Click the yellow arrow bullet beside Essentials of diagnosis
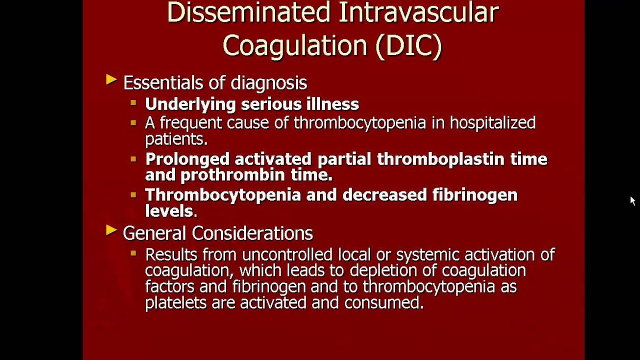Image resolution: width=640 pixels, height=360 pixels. tap(111, 79)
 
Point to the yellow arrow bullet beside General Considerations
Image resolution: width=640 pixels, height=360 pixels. tap(111, 230)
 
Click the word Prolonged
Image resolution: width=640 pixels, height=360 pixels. tap(187, 159)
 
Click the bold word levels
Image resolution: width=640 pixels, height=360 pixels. tap(168, 210)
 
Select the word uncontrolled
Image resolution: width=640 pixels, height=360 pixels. tap(286, 254)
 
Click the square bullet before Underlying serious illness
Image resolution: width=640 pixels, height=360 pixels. tap(133, 103)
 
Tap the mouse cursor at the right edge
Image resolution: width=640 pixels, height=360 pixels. tap(632, 200)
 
